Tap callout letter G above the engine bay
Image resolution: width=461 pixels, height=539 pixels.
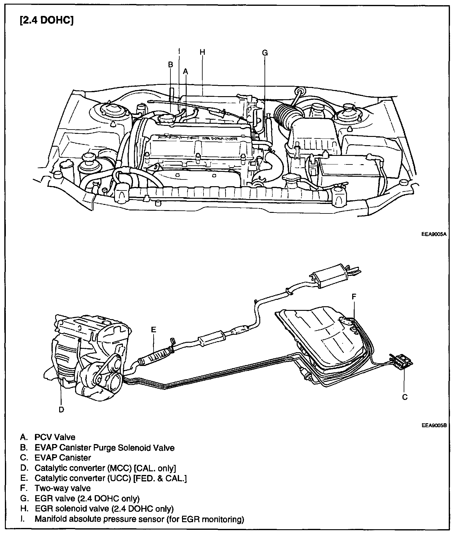point(265,53)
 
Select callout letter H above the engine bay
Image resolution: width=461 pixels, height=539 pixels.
point(202,52)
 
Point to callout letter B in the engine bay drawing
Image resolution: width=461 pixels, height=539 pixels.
point(171,65)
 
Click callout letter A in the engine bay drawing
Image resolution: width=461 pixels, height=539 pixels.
point(185,71)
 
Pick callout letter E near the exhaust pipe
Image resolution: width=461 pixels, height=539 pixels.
point(153,330)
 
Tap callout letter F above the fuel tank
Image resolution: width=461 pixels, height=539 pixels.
point(354,296)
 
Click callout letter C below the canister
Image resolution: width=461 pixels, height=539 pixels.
point(405,397)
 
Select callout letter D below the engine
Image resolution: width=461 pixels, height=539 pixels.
point(61,409)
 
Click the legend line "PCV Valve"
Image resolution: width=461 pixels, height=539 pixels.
point(55,437)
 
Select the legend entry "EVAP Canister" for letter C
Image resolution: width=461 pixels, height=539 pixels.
point(63,458)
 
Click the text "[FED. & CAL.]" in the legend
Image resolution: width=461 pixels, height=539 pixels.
point(160,478)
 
